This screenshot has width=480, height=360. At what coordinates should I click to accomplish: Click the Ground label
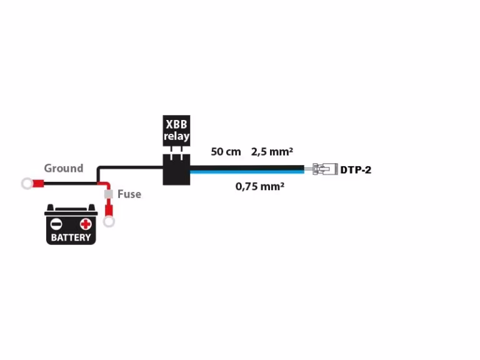click(x=64, y=168)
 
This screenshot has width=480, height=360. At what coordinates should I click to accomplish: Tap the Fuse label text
click(x=129, y=194)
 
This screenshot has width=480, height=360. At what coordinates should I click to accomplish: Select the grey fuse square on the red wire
click(x=108, y=194)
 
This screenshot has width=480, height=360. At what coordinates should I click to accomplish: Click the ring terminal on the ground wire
click(x=27, y=184)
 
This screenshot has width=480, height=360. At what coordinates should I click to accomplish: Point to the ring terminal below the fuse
click(x=109, y=222)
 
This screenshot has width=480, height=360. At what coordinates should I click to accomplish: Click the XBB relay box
click(x=176, y=131)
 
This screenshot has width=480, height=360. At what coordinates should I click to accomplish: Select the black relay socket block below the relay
click(x=176, y=169)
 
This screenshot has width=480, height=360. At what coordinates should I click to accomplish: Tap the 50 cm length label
click(x=226, y=152)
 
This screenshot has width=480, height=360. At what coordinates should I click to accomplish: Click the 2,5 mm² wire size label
click(x=272, y=152)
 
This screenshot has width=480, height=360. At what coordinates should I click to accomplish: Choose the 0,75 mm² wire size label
click(x=260, y=186)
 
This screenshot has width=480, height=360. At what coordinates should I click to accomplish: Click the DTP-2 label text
click(x=356, y=170)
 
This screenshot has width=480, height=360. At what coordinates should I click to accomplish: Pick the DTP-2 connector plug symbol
click(x=325, y=169)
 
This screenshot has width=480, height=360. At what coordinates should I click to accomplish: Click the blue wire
click(x=247, y=172)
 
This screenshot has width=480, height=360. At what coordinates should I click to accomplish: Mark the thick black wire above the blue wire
click(x=247, y=167)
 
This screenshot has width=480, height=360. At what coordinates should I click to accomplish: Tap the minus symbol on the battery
click(x=56, y=224)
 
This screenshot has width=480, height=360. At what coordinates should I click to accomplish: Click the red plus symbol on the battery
click(x=86, y=224)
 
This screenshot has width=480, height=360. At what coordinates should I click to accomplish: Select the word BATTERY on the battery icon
click(x=71, y=237)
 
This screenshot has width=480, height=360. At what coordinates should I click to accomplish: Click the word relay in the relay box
click(x=176, y=136)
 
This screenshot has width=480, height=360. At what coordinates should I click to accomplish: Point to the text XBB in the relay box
click(x=176, y=124)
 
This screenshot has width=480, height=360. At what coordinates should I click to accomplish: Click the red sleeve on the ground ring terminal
click(x=38, y=184)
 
